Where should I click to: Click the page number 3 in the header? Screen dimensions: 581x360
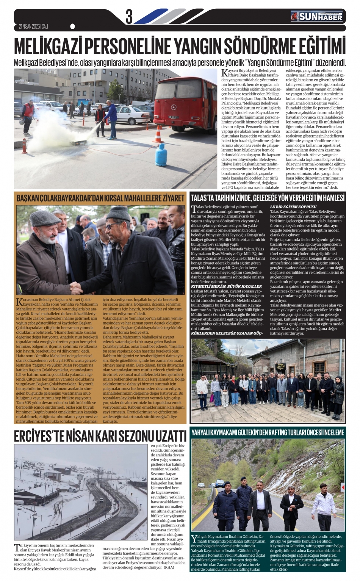(x=129, y=17)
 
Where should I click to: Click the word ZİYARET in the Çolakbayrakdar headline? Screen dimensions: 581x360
(x=171, y=198)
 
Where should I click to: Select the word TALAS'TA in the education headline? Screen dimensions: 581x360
(x=203, y=198)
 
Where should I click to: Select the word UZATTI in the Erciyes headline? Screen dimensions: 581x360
(x=167, y=436)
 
